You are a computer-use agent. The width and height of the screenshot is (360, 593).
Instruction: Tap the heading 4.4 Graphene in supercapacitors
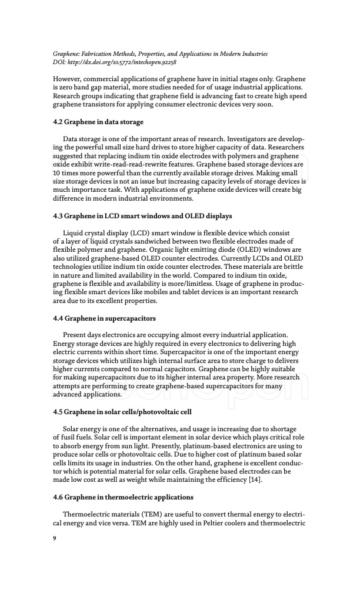click(104, 318)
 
